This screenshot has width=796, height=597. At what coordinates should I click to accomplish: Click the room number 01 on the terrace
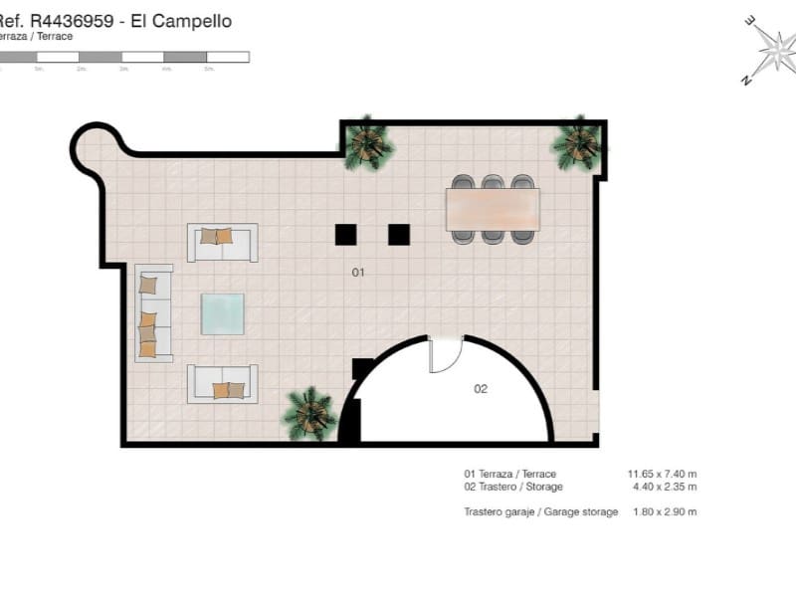[x=359, y=271]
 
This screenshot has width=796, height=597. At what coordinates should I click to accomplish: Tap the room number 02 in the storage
[x=481, y=388]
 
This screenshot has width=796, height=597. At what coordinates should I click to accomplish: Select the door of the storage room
[x=445, y=355]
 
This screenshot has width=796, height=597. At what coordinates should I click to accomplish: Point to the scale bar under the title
[x=124, y=57]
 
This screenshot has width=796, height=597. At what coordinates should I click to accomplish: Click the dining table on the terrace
[x=493, y=209]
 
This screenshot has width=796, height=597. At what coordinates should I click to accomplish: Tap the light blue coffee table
[x=222, y=313]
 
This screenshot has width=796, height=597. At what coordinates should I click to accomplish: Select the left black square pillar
[x=345, y=234]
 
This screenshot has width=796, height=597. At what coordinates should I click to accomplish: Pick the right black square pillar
[x=399, y=234]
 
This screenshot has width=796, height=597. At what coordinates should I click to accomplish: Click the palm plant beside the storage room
[x=308, y=413]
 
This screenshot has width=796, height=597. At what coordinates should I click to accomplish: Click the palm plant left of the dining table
[x=368, y=143]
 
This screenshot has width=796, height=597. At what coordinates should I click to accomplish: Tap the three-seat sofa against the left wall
[x=153, y=312]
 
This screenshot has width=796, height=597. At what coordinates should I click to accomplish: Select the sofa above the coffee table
[x=222, y=242]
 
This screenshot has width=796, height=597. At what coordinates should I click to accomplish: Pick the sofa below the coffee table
[x=222, y=384]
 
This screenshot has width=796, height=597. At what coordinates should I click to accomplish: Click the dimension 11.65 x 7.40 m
[x=662, y=474]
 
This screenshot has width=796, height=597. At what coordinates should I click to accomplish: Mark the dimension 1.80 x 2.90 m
[x=664, y=511]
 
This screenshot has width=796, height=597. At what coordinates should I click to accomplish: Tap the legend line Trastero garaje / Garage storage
[x=540, y=511]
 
